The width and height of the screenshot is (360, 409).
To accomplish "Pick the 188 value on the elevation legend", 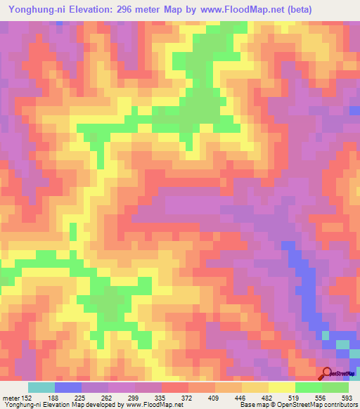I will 54,398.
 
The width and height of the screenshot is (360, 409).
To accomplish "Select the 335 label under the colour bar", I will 161,398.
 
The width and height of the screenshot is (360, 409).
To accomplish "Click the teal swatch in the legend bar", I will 41,387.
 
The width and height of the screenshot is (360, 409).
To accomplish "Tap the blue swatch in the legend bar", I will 67,387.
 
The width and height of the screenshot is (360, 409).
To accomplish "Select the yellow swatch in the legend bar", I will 281,387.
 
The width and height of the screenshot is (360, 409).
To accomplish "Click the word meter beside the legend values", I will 10,398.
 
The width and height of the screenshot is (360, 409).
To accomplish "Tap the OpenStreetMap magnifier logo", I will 327,373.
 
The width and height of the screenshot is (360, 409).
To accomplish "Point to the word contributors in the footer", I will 338,405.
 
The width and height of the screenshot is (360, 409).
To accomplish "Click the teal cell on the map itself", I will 342,344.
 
